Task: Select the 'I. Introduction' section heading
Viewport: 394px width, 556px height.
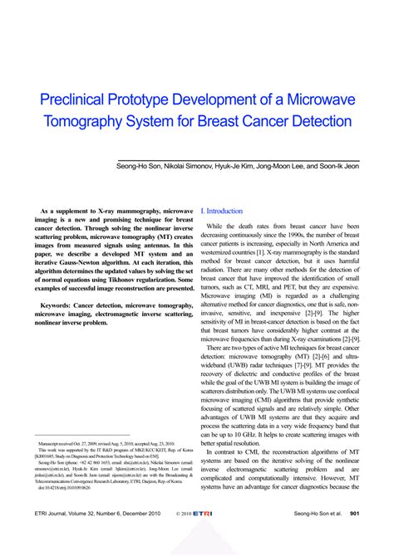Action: tap(222, 212)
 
